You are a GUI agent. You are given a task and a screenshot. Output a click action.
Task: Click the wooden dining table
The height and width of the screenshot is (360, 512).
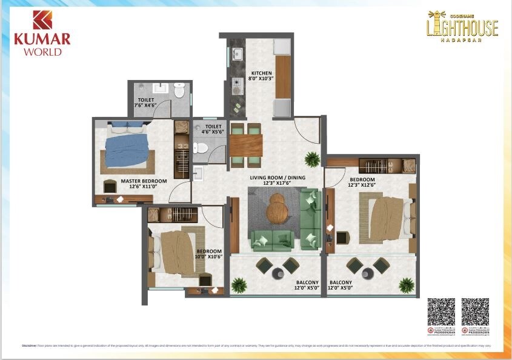click(246, 144)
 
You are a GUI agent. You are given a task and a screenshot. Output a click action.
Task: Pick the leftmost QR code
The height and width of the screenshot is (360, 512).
click(441, 312)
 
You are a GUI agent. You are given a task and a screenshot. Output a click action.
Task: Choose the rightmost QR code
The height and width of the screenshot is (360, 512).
click(475, 312)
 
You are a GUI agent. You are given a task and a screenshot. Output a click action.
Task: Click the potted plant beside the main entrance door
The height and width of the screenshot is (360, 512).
click(313, 159)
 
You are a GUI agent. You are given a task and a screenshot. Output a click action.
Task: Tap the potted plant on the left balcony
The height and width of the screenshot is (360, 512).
click(239, 284)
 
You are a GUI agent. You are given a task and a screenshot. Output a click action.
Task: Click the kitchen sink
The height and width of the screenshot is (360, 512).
click(237, 55)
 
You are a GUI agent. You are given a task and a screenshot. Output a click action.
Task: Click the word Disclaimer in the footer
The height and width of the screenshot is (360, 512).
click(29, 345)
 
